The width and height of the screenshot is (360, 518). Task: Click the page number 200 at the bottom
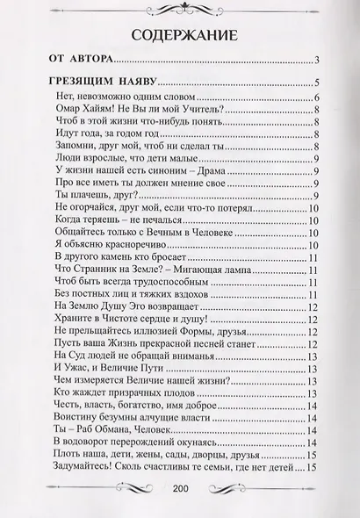pos(181,489)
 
